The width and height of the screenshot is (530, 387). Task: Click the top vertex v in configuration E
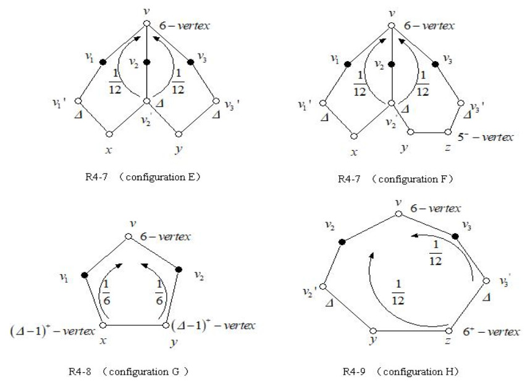[146, 23]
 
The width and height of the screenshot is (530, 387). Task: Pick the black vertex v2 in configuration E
[146, 62]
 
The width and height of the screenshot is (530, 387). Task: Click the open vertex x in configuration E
[111, 133]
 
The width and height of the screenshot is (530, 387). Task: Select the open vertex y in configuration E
[179, 133]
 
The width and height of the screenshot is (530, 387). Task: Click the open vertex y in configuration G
[165, 324]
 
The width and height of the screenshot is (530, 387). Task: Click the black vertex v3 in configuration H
[456, 236]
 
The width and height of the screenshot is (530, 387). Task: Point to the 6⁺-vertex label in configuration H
[492, 332]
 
